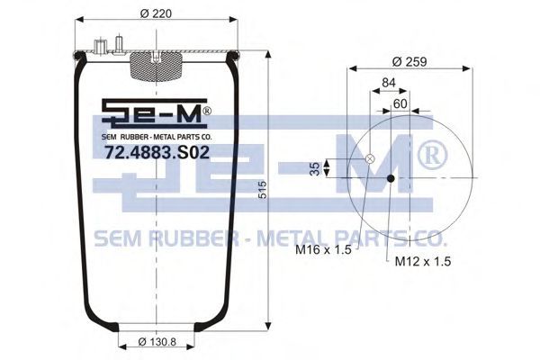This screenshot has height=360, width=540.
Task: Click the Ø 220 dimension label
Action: click(156, 13)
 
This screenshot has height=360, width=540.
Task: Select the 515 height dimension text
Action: click(262, 190)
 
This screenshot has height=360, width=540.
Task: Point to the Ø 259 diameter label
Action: click(409, 62)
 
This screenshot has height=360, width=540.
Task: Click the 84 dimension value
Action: click(389, 82)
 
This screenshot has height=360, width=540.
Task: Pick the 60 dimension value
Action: click(400, 103)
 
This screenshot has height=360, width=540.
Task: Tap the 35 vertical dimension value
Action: click(314, 168)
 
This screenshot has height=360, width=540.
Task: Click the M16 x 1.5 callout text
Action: click(323, 249)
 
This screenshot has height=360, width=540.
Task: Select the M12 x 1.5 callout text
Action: click(423, 262)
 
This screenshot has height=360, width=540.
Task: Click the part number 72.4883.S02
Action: click(157, 152)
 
